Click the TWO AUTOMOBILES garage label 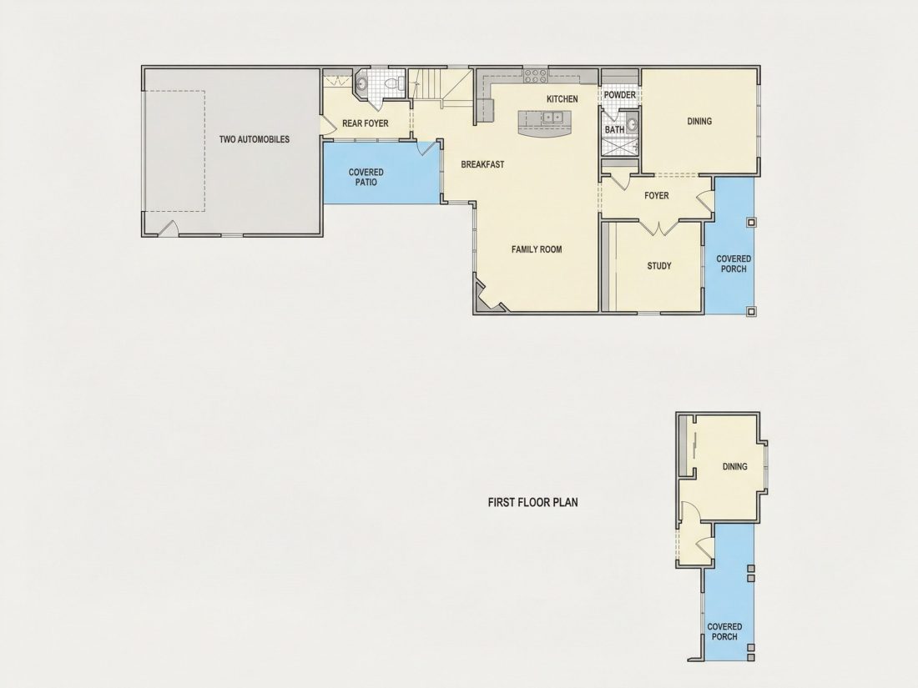coord(254,139)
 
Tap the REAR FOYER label coord(366,123)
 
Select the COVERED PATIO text coord(366,177)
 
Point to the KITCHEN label coord(562,99)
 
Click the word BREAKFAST coord(482,164)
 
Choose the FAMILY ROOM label coord(537,249)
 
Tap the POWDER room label coord(619,95)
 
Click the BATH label coord(614,130)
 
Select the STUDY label coord(659,266)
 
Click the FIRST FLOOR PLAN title coord(532,502)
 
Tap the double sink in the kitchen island coord(552,118)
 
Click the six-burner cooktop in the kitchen coord(535,75)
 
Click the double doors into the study coord(659,228)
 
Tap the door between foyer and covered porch coord(705,197)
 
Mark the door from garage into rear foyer coord(325,125)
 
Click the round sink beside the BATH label coord(632,124)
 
